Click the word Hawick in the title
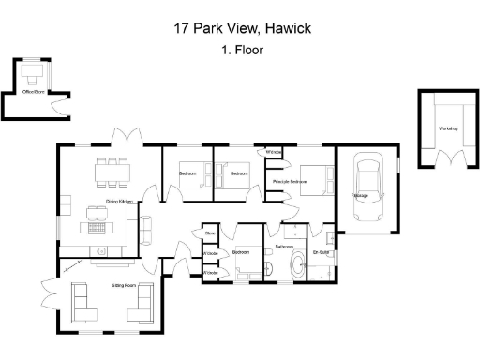[286, 28]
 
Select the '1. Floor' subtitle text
[241, 50]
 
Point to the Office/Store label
[35, 91]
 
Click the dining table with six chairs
[112, 171]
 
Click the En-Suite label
[322, 251]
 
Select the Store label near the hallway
[211, 232]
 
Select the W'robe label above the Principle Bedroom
[275, 152]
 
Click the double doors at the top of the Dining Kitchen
[122, 139]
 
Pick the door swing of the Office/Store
[61, 106]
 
